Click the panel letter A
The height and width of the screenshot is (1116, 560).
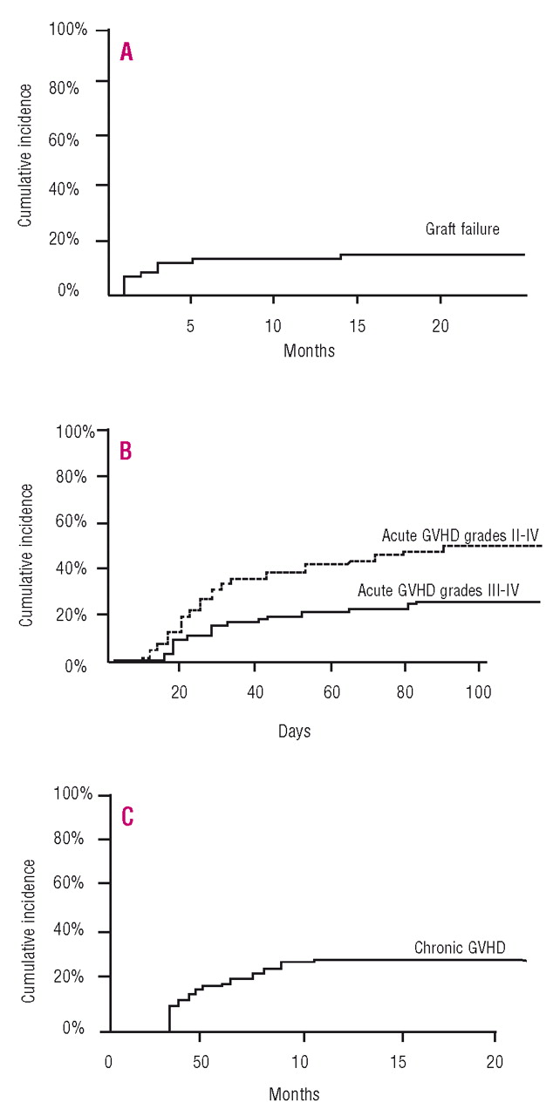126,52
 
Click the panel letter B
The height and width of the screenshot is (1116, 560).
126,453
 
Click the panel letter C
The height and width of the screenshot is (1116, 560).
126,817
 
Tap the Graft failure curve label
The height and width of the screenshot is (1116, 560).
462,230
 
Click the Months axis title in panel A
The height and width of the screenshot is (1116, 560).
309,351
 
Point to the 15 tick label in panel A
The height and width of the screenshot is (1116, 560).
358,325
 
